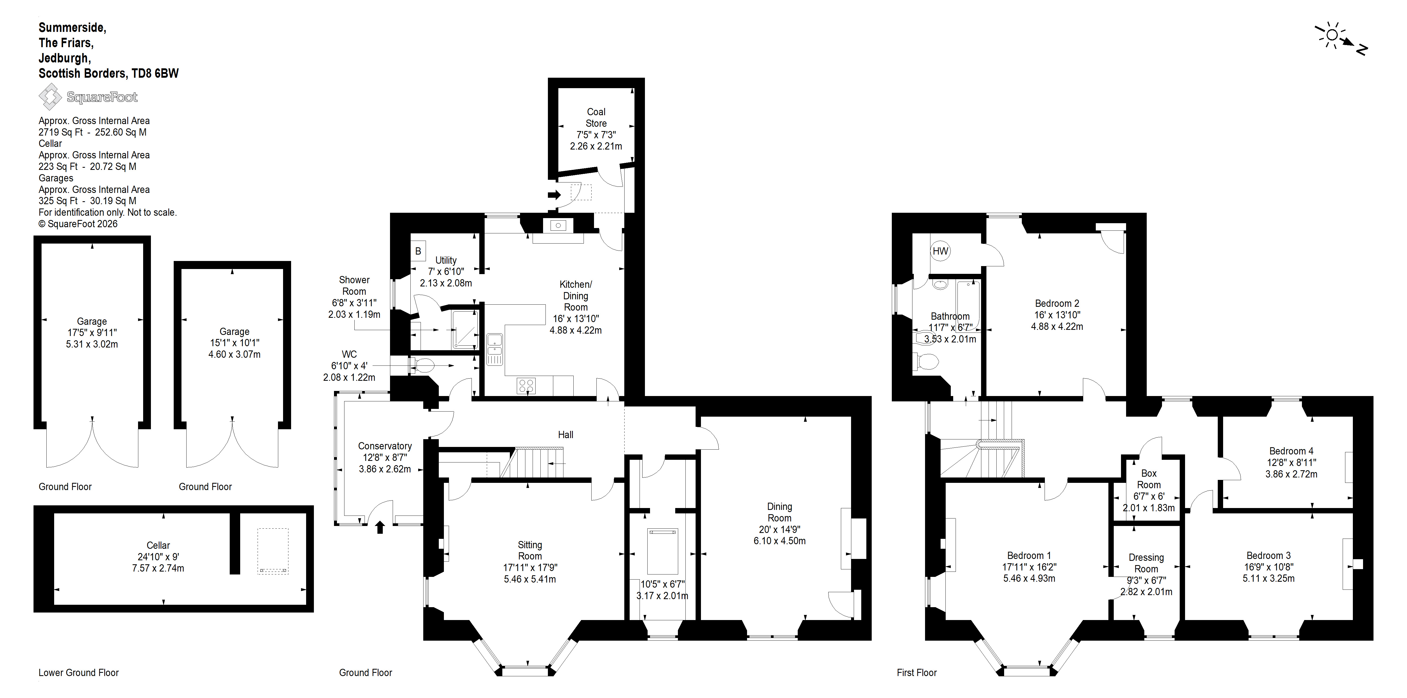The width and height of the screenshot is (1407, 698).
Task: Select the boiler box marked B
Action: click(418, 251)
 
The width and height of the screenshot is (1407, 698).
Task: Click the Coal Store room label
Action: click(596, 117)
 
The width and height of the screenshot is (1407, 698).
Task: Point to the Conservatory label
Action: click(385, 446)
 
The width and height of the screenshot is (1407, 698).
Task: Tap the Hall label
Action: click(565, 435)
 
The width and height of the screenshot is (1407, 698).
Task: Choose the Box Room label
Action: click(1149, 479)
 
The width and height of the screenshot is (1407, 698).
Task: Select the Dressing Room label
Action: click(1146, 563)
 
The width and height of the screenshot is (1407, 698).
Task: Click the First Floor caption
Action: click(916, 673)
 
